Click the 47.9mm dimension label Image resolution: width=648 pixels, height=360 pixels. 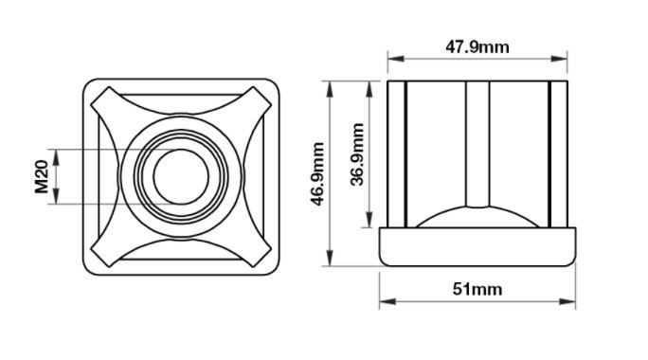(477, 47)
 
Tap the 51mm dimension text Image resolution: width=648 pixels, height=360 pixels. (477, 289)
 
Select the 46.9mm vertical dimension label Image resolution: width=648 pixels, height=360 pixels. (317, 173)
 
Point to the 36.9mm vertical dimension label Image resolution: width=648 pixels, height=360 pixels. (357, 154)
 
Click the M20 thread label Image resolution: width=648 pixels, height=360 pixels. (42, 177)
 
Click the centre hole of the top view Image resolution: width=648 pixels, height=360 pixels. (181, 177)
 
